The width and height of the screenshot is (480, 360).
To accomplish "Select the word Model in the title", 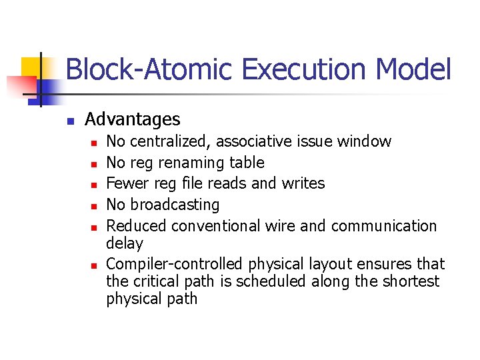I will tap(414, 70).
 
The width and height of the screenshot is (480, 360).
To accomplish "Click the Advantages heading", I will tap(133, 119).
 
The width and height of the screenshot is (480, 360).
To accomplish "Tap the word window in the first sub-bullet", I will tap(364, 141).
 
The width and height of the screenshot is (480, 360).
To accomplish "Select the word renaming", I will tap(191, 163).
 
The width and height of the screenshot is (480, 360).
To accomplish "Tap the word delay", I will tap(125, 244).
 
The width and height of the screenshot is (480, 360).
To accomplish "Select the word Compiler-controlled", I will tap(175, 264).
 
